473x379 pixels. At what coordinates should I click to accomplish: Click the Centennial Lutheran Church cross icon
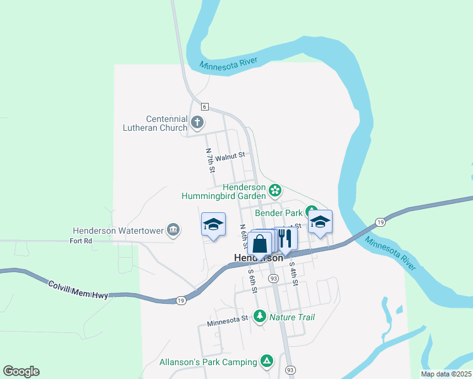pyautogui.click(x=198, y=122)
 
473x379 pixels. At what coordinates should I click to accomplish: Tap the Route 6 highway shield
pyautogui.click(x=205, y=107)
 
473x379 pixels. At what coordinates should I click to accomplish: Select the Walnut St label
pyautogui.click(x=229, y=157)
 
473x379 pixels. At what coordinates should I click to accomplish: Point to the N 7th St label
pyautogui.click(x=211, y=161)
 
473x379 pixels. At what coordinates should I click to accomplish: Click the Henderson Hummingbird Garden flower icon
pyautogui.click(x=274, y=189)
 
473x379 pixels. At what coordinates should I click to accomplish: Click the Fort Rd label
pyautogui.click(x=81, y=241)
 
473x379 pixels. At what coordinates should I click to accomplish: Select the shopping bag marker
pyautogui.click(x=259, y=243)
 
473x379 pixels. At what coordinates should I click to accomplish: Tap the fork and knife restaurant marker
pyautogui.click(x=285, y=239)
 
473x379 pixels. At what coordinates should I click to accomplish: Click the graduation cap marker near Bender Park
pyautogui.click(x=320, y=222)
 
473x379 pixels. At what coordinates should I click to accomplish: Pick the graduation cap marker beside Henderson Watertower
pyautogui.click(x=213, y=224)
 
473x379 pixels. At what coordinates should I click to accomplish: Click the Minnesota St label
pyautogui.click(x=227, y=321)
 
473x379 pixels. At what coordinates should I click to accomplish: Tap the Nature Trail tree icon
pyautogui.click(x=259, y=316)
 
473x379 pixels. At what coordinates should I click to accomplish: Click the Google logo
pyautogui.click(x=21, y=371)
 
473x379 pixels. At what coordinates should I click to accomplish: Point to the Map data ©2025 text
pyautogui.click(x=445, y=374)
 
